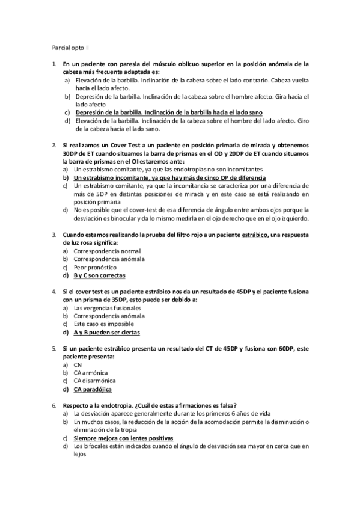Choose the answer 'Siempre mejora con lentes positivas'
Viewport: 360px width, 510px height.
click(123, 438)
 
